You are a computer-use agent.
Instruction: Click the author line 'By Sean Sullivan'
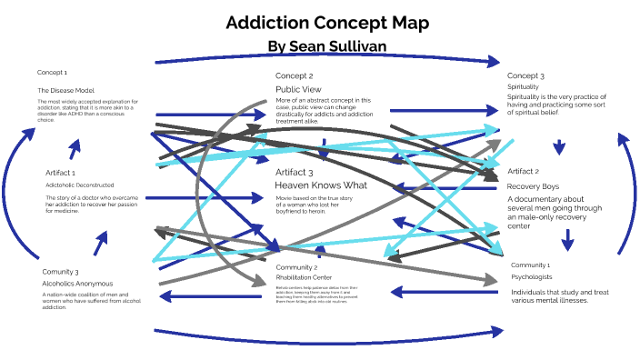(x=323, y=45)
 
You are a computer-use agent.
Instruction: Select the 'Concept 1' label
(x=52, y=72)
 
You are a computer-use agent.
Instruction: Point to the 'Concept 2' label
(x=294, y=75)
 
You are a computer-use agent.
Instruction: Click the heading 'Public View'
(x=298, y=89)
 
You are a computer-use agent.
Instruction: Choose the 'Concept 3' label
(x=525, y=75)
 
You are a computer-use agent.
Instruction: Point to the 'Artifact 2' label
(x=523, y=171)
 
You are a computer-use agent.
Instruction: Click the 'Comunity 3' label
(x=60, y=271)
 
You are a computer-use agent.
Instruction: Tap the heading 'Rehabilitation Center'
(x=305, y=277)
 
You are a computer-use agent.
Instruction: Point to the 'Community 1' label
(x=530, y=264)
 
